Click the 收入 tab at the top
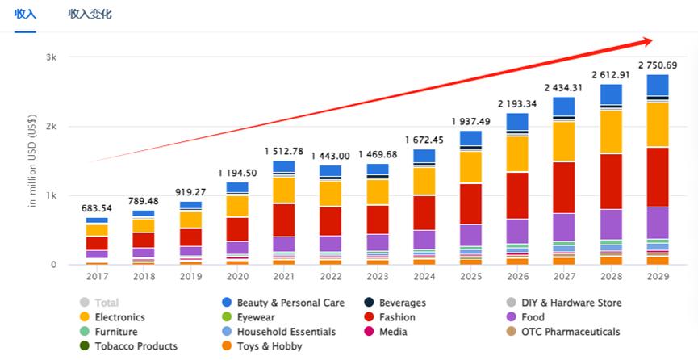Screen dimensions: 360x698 25,14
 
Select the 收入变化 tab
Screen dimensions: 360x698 90,14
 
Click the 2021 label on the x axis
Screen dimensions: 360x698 283,276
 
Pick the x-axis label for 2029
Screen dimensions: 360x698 658,276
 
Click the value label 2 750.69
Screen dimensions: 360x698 658,65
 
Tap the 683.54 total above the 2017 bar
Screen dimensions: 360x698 97,208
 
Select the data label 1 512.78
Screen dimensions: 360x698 283,151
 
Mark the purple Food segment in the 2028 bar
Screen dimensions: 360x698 611,224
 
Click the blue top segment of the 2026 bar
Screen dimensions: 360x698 517,121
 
